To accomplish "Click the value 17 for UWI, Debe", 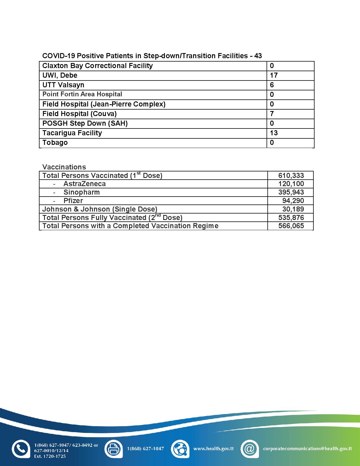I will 274,75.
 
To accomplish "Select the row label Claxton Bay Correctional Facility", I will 97,66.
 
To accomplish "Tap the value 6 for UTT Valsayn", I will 272,85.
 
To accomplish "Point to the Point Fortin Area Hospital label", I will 82,94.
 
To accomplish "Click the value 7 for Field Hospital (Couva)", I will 272,114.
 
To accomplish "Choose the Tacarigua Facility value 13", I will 274,133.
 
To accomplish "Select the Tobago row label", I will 55,143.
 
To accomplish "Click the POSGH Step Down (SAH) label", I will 85,123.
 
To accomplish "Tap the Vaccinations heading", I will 64,167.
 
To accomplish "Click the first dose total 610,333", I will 291,175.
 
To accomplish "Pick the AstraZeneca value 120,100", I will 291,184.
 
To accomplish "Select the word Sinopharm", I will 82,192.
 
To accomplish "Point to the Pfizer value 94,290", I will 293,201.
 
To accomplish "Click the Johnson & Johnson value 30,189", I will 293,209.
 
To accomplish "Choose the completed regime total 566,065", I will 291,226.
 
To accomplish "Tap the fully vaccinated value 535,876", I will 291,217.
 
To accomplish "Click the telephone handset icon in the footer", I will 21,449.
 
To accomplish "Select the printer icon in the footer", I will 113,449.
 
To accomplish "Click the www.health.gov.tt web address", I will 213,448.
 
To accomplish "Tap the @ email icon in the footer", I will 250,449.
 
